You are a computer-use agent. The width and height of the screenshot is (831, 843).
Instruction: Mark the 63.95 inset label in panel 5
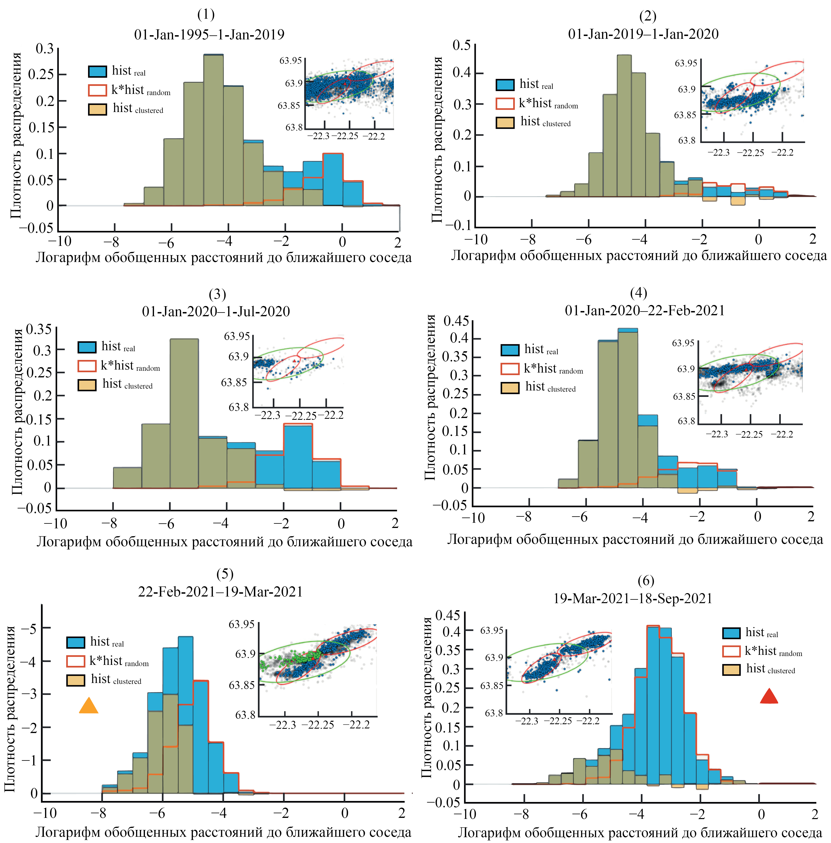click(241, 624)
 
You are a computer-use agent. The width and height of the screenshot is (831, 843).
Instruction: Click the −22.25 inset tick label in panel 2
click(750, 153)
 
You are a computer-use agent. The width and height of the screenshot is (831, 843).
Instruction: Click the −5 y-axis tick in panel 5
click(29, 628)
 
